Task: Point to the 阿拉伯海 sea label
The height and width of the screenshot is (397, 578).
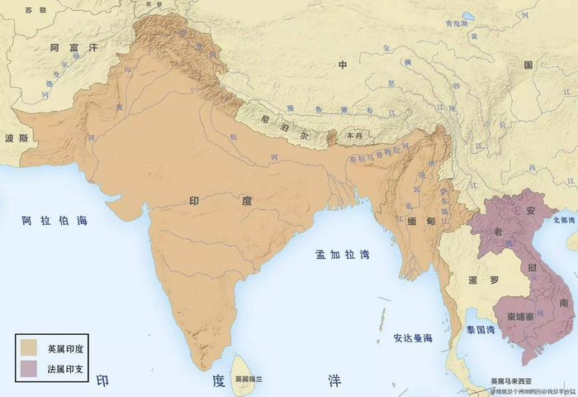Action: coord(54,221)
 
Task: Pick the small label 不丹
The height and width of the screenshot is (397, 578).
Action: coord(355,135)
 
